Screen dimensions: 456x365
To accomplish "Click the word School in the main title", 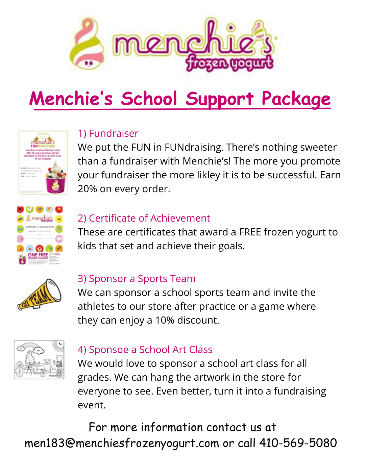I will click(x=149, y=99).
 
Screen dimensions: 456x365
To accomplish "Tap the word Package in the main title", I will click(x=296, y=99).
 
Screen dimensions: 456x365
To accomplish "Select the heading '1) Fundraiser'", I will click(x=108, y=133).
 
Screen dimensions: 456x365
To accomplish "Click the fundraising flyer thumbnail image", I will click(x=43, y=162).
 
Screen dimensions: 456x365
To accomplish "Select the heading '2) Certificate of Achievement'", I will click(x=144, y=218).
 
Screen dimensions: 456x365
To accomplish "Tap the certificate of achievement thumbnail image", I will click(x=40, y=235).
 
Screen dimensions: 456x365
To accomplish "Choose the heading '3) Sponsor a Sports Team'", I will click(x=137, y=279).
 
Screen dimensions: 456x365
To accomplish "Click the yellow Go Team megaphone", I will click(x=40, y=294).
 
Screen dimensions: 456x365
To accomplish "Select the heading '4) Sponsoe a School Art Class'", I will click(x=145, y=350).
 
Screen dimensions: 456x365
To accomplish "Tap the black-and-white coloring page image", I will click(x=39, y=359).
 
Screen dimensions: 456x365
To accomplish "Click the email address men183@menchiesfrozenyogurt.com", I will click(x=122, y=443).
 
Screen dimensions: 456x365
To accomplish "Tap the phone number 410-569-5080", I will click(x=298, y=443).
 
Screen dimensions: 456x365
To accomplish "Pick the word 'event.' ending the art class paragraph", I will click(x=92, y=405).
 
